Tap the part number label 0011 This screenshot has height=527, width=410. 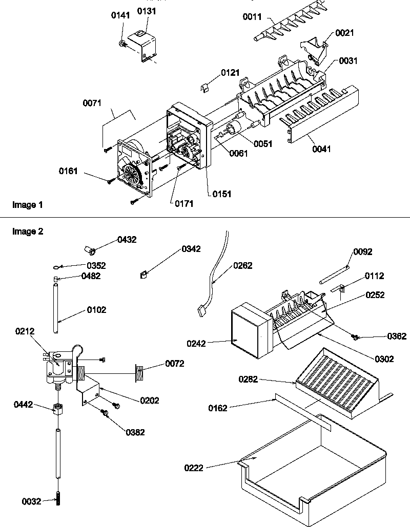(252, 18)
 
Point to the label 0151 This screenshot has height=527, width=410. (222, 194)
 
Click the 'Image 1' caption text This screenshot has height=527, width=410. (27, 205)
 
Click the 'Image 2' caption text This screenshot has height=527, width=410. (27, 231)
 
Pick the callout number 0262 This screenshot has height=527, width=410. (243, 266)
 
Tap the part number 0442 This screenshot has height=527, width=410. (23, 405)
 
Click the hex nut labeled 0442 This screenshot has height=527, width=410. (58, 409)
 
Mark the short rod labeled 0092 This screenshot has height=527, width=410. (334, 273)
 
